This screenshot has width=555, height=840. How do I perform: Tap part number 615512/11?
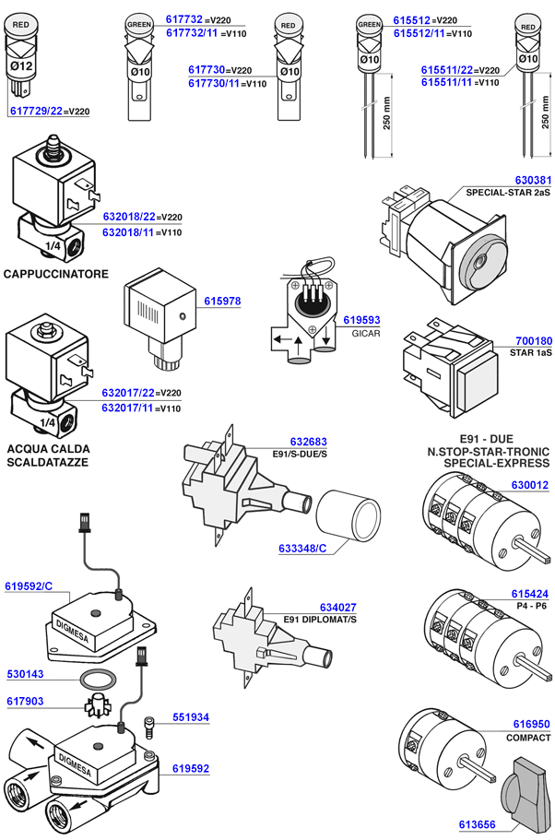pos(419,33)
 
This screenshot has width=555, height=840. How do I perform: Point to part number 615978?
pos(222,301)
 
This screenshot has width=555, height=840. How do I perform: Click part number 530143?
pos(25,674)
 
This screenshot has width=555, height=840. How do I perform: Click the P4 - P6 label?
pos(529,606)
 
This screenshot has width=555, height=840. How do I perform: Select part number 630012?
pos(529,484)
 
